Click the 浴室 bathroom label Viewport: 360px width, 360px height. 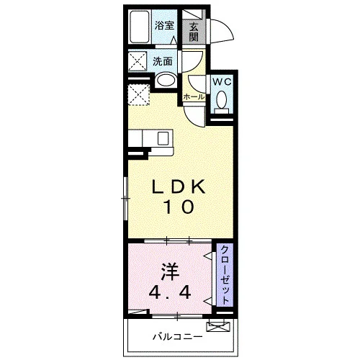coord(164,26)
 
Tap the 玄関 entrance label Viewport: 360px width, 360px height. coord(194,32)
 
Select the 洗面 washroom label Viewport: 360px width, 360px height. coord(163,62)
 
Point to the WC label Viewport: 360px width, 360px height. coord(222,82)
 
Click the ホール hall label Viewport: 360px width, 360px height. coord(194,97)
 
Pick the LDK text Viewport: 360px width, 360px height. coord(179,186)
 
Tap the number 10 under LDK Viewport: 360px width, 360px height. coord(179,207)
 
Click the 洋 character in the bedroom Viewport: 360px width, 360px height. coord(170,272)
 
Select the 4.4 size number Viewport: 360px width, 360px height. coord(170,292)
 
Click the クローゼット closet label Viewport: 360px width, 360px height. coord(225,275)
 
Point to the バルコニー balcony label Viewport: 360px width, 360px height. coord(178,337)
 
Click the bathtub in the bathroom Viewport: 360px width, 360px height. coord(140,27)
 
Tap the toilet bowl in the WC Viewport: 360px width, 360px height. coord(222,102)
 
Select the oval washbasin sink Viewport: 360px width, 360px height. coord(166,80)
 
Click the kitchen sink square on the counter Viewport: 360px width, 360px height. coord(163,138)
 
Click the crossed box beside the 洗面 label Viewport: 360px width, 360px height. coord(138,61)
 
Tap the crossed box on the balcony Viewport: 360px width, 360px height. coord(218,327)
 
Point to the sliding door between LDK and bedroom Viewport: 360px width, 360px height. coord(178,240)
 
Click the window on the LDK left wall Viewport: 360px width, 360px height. coord(125,199)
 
